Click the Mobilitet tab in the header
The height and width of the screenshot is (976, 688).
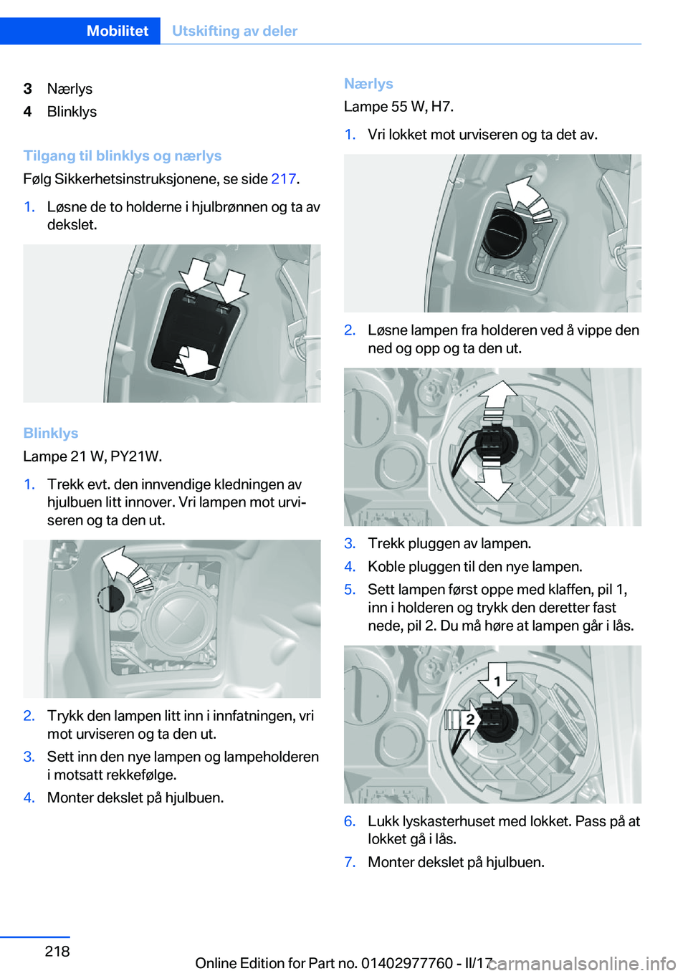click(118, 31)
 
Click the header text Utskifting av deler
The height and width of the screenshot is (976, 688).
click(234, 31)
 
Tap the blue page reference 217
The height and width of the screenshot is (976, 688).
click(283, 178)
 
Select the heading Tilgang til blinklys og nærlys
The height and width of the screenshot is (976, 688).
click(123, 156)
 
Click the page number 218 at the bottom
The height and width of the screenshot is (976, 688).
click(57, 951)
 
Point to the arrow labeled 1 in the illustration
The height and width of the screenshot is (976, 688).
click(497, 681)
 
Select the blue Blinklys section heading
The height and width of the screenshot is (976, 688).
click(51, 433)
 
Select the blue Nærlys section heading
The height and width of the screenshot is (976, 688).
click(368, 84)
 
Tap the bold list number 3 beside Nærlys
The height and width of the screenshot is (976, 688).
click(28, 89)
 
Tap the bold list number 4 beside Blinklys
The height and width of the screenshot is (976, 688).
click(28, 112)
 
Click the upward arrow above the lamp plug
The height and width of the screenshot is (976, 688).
click(497, 398)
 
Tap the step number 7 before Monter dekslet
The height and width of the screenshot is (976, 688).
click(350, 862)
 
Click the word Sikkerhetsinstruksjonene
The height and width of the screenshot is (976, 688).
click(138, 178)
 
